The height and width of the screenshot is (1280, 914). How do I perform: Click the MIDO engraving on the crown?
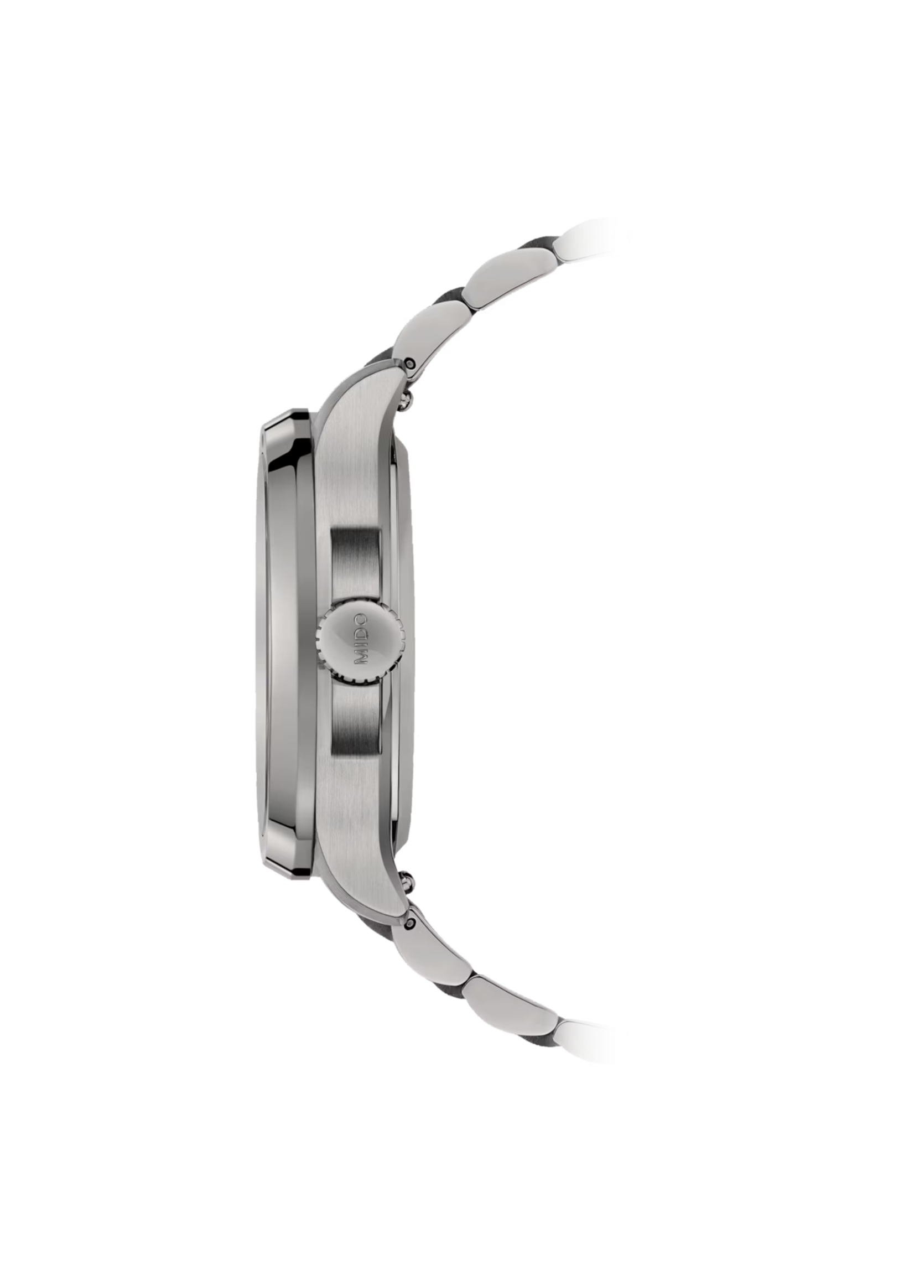click(360, 641)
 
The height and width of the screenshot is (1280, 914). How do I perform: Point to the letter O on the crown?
click(360, 620)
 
